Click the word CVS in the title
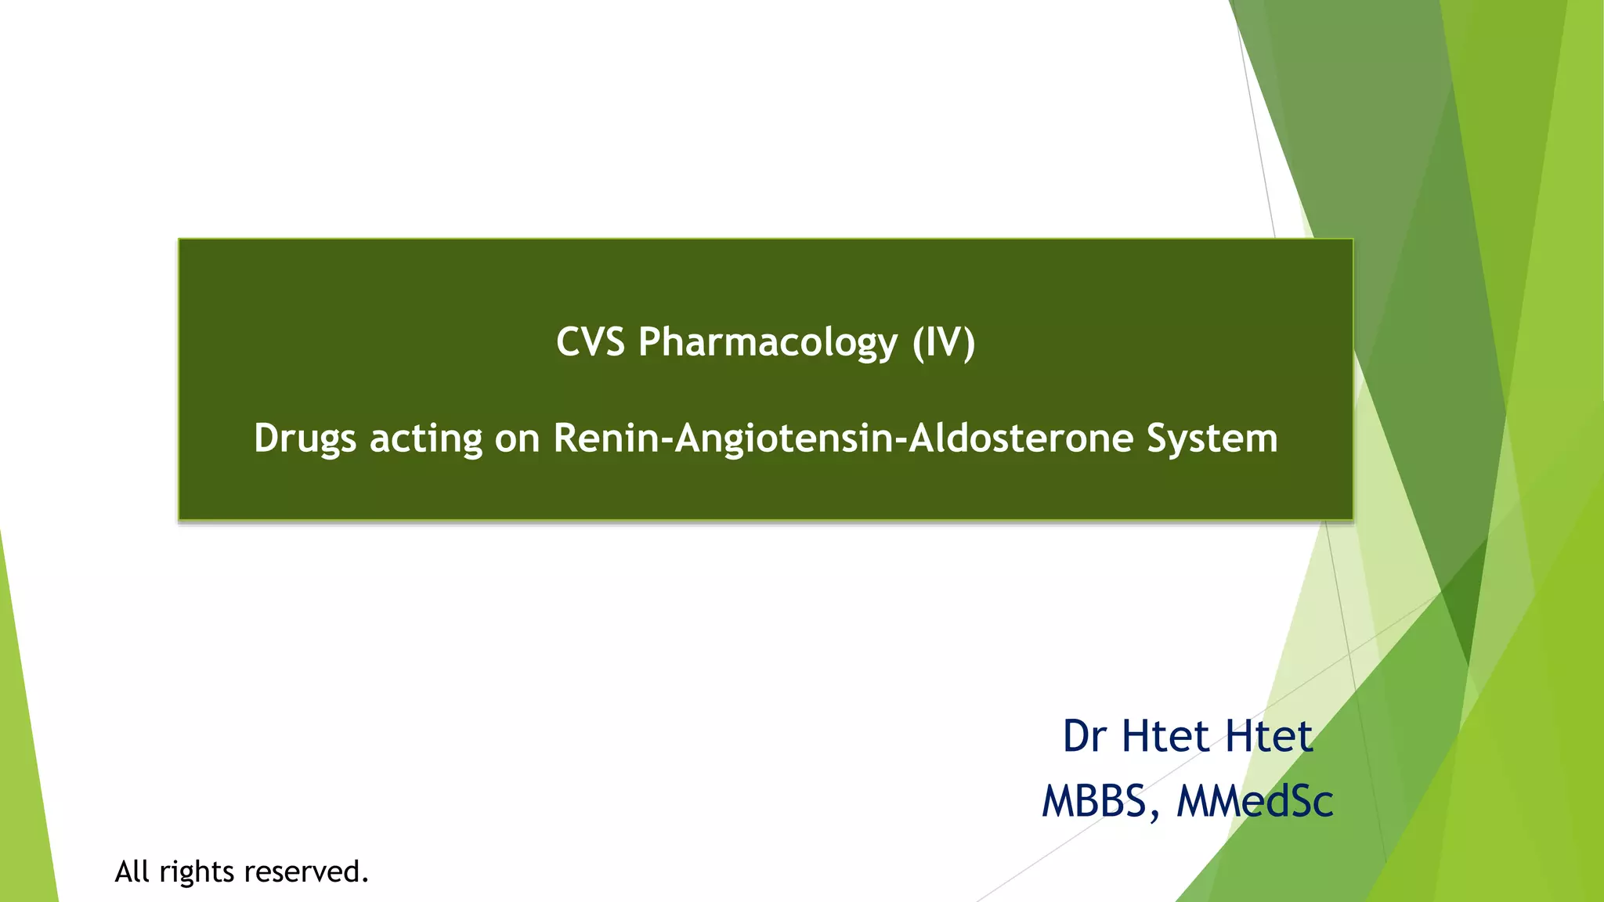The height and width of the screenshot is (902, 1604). pos(591,342)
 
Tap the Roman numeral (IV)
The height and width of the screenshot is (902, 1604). pos(944,343)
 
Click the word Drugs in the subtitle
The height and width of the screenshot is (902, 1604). pos(305,438)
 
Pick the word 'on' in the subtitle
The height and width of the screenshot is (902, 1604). pos(517,438)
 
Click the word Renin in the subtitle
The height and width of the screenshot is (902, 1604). pos(606,438)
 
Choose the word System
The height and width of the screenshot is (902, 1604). pos(1212,438)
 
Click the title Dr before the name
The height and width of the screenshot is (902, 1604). pos(1084,736)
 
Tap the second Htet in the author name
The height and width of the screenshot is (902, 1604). pos(1269,736)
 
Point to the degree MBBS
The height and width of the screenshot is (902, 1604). pos(1093,801)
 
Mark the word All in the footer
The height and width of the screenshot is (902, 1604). pos(132,871)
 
